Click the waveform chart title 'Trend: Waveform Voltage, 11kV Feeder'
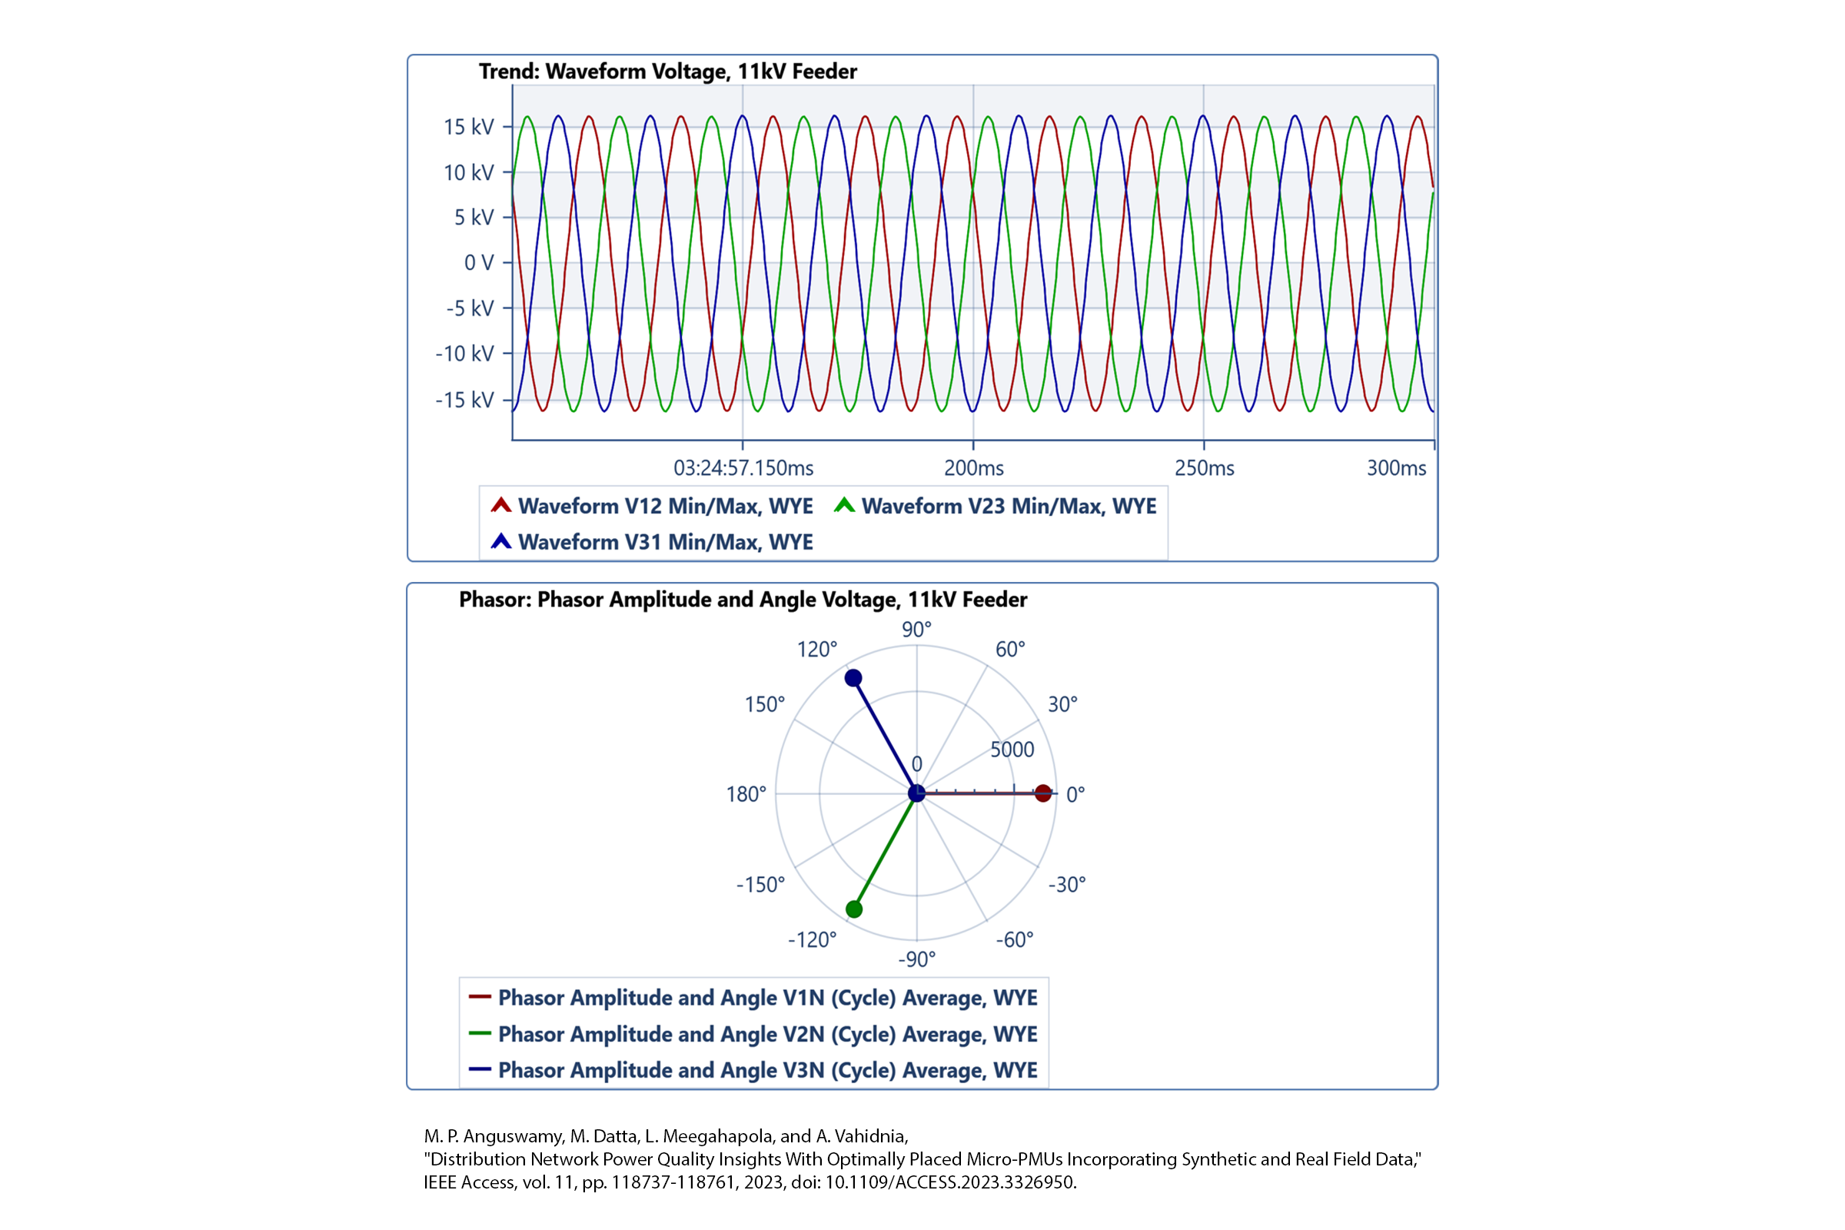click(x=667, y=71)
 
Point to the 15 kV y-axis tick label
click(x=468, y=127)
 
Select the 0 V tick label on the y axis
click(x=478, y=263)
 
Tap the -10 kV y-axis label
click(x=464, y=354)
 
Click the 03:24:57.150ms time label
click(x=743, y=468)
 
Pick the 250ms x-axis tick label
click(x=1204, y=468)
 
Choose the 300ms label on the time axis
click(x=1396, y=468)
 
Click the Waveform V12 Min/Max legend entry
click(x=664, y=506)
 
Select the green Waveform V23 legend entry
click(x=1008, y=506)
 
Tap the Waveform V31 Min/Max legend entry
click(x=664, y=542)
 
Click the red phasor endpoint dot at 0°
click(x=1042, y=793)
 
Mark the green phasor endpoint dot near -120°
click(x=854, y=909)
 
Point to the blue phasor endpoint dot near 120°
click(x=853, y=678)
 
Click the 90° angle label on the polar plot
click(x=916, y=629)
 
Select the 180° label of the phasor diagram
click(x=746, y=795)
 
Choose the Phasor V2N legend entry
click(x=767, y=1034)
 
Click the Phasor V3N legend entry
click(x=767, y=1070)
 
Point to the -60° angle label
click(x=1014, y=939)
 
